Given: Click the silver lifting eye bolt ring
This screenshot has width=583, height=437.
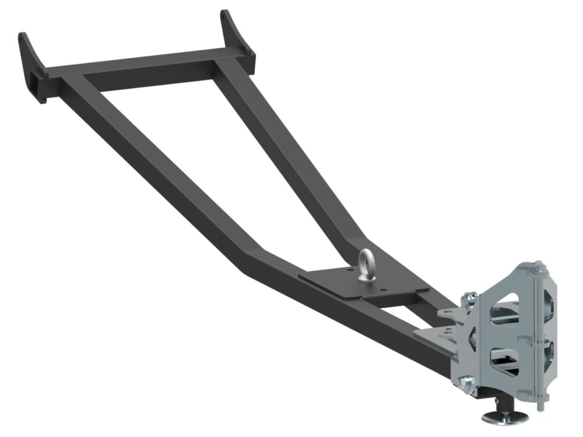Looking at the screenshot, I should (368, 264).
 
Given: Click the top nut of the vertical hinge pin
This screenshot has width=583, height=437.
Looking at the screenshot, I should (538, 267).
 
